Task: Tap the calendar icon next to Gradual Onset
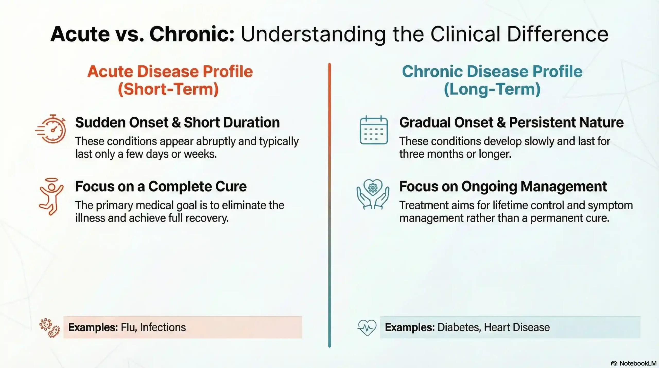tap(374, 130)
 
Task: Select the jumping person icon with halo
tap(51, 196)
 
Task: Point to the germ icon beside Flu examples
tap(50, 328)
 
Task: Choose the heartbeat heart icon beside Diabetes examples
tap(367, 327)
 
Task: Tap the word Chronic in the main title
tap(192, 34)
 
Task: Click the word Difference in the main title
tap(558, 34)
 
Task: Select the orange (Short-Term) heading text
tap(168, 89)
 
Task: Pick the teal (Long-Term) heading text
tap(492, 89)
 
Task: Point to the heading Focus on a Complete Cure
tap(161, 186)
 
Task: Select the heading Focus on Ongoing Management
tap(503, 186)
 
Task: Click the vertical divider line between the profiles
tap(329, 205)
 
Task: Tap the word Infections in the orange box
tap(163, 327)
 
